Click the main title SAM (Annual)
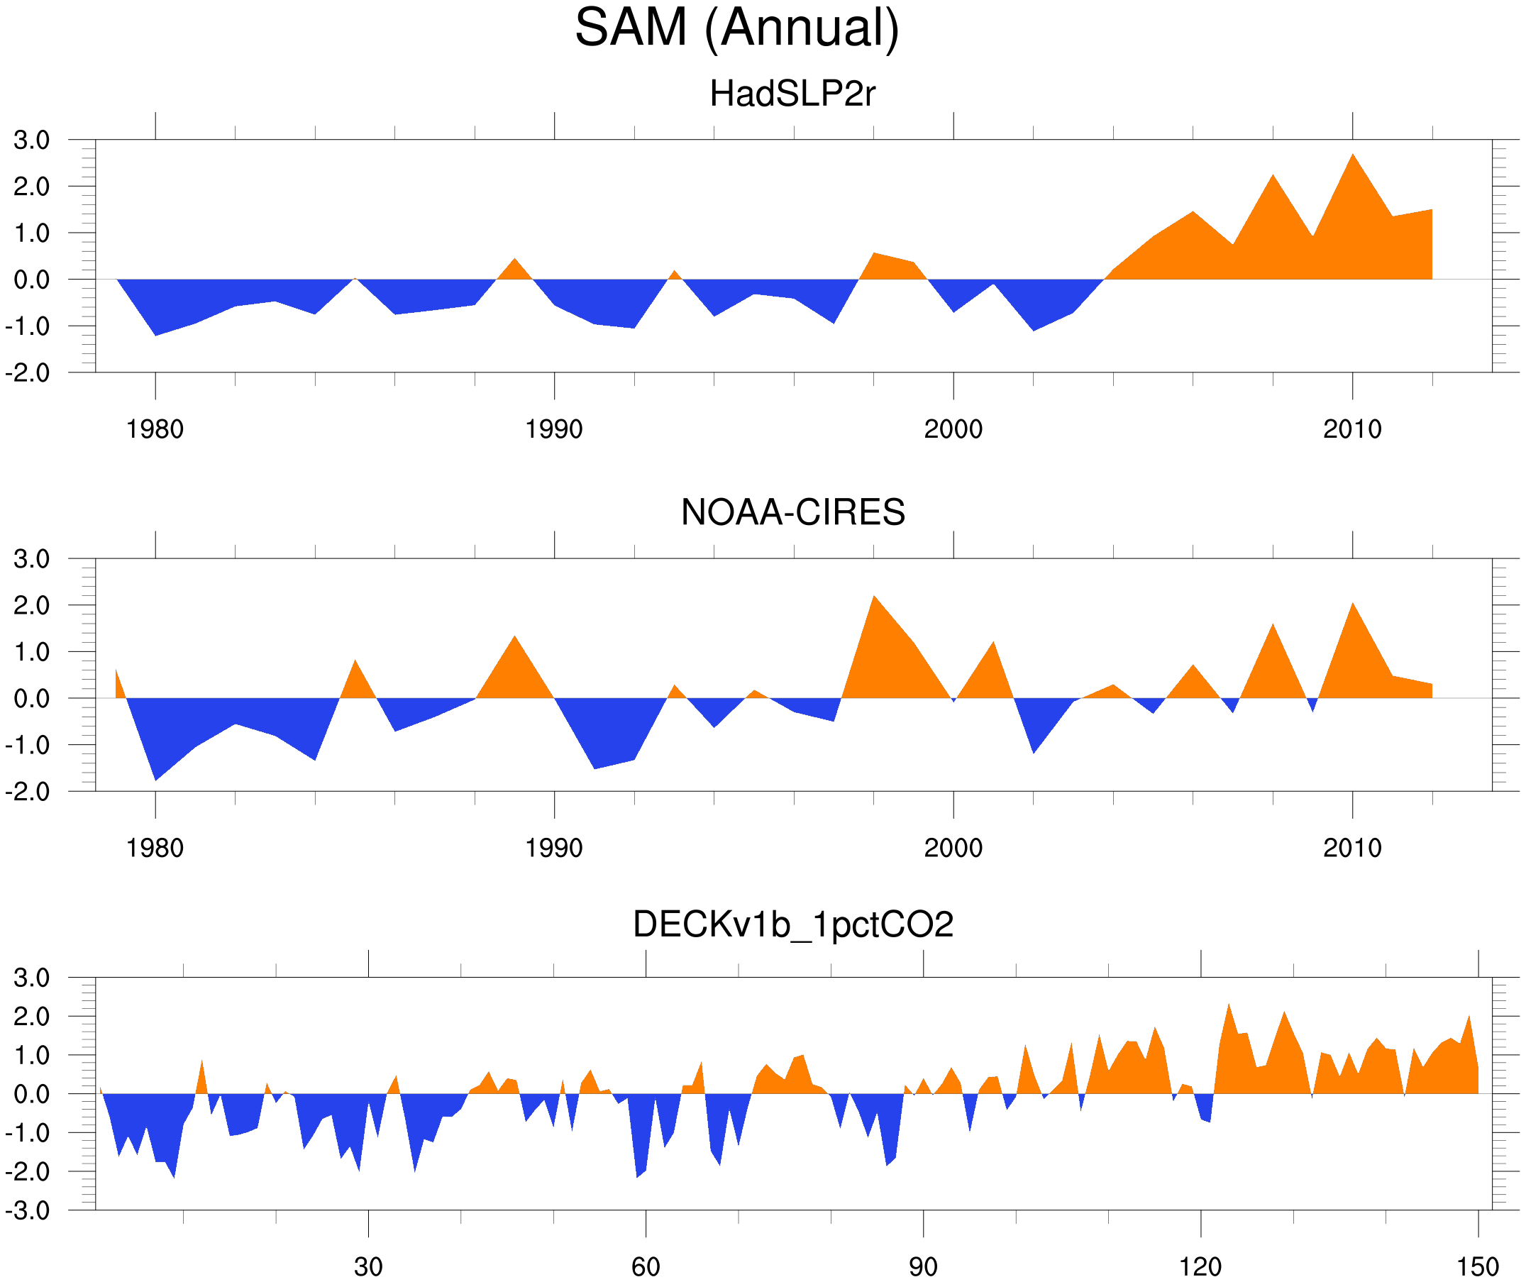[737, 28]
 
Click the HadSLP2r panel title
[792, 94]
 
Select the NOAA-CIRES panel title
[792, 512]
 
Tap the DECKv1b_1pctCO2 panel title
[792, 924]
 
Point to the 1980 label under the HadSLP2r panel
[155, 429]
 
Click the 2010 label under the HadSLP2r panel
[1351, 429]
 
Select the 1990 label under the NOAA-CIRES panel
[554, 848]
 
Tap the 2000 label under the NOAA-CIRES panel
[953, 848]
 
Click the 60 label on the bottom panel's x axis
[646, 1266]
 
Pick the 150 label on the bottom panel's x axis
[1478, 1266]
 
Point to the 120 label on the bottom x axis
[1200, 1266]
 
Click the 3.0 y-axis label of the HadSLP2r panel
[32, 140]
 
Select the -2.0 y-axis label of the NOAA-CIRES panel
[28, 792]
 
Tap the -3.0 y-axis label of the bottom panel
[28, 1210]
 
